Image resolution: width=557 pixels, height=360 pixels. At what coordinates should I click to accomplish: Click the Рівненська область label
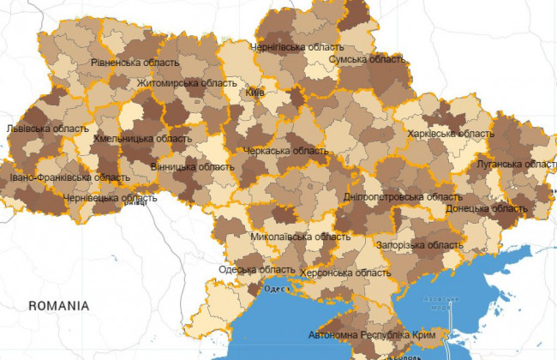pos(135,63)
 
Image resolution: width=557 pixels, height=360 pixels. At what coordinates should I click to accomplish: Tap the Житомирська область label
pos(187,83)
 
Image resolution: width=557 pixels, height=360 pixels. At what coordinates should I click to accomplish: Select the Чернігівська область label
pos(296,47)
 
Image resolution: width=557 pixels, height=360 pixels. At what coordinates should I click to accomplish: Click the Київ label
pos(255,91)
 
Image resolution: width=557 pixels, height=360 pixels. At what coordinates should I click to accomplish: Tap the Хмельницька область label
pos(142,138)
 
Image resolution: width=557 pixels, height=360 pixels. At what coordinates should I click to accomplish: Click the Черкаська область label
pos(286,151)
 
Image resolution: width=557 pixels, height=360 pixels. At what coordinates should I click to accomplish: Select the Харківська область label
pos(452,134)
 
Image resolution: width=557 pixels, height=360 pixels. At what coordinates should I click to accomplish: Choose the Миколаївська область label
pos(288,237)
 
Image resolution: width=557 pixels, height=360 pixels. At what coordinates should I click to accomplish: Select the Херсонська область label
pos(346,273)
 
